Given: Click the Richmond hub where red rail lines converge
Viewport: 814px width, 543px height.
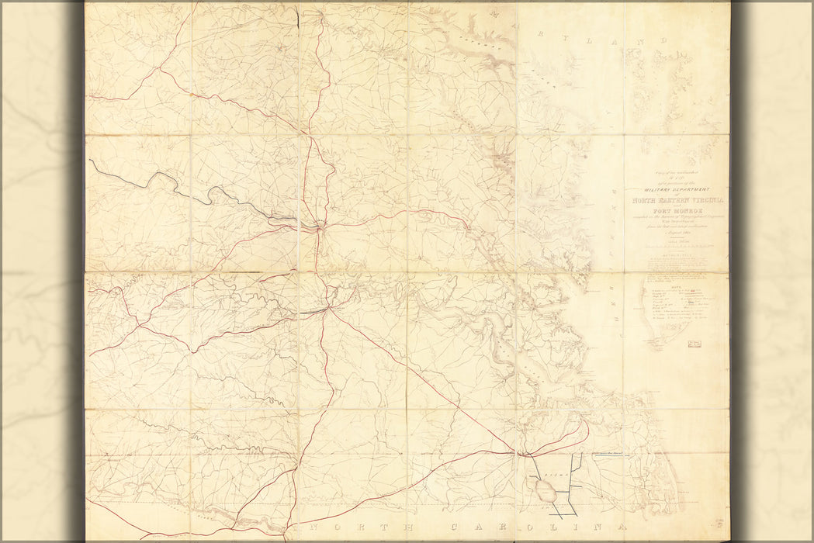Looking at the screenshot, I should coord(320,227).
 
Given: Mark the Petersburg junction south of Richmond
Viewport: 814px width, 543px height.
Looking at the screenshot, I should coord(329,309).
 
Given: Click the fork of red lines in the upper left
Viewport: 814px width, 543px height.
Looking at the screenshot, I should coord(161,71).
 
